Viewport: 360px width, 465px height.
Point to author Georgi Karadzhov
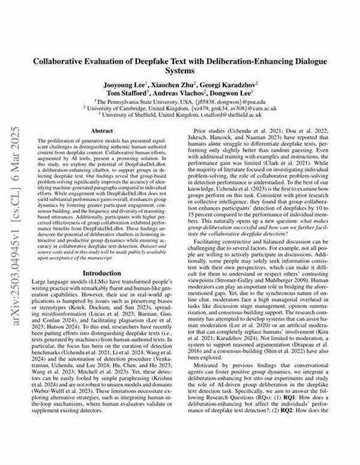point(230,86)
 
